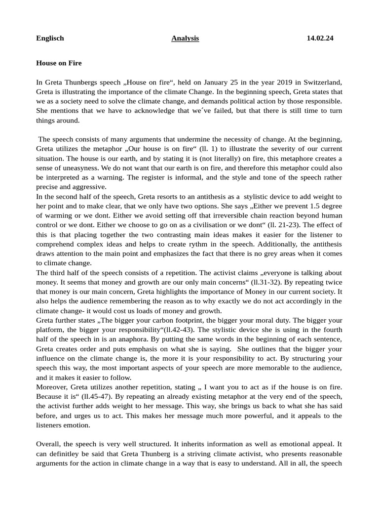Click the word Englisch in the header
pyautogui.click(x=50, y=38)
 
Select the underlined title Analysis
pyautogui.click(x=185, y=38)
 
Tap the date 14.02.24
pyautogui.click(x=320, y=38)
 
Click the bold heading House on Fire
pyautogui.click(x=59, y=63)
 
